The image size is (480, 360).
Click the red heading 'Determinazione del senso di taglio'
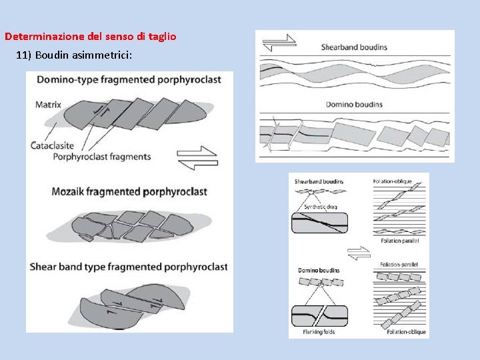click(x=91, y=37)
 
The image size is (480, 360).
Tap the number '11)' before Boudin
click(x=23, y=55)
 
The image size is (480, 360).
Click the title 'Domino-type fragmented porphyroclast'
click(x=129, y=80)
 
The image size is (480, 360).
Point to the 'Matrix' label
click(x=48, y=105)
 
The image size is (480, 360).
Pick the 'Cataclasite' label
click(x=53, y=145)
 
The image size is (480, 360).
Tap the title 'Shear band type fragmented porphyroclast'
click(x=129, y=267)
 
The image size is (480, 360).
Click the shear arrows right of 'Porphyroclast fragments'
click(x=197, y=159)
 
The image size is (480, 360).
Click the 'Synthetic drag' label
click(x=320, y=207)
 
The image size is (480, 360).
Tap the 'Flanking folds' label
click(x=319, y=331)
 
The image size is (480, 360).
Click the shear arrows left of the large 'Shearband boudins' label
click(x=279, y=43)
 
